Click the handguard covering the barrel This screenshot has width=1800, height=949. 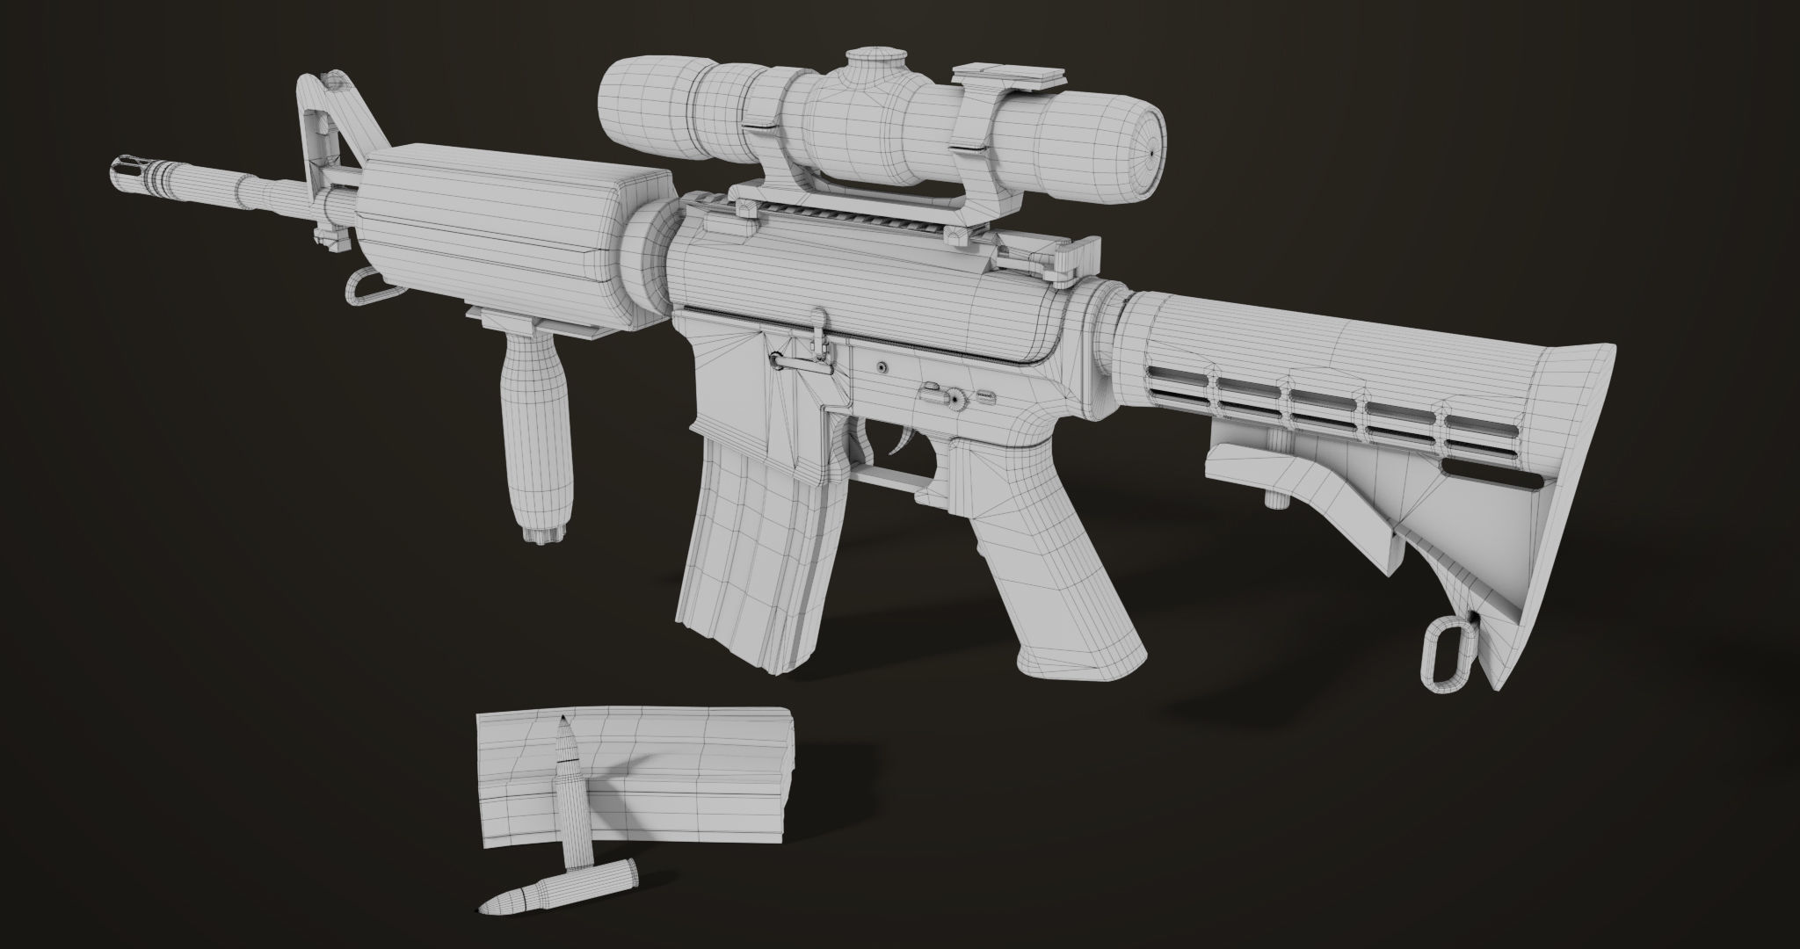(492, 237)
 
